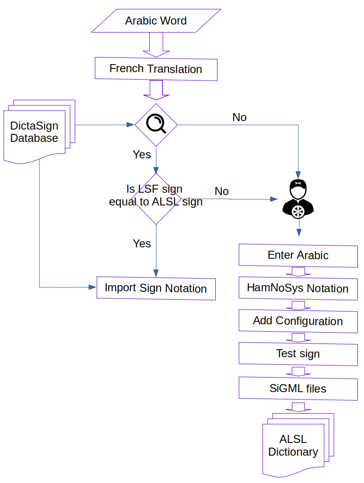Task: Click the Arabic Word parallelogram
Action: coord(156,21)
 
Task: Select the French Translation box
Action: coord(156,69)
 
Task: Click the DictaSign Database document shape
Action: coord(34,132)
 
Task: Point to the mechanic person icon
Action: coord(298,198)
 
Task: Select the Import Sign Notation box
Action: coord(156,288)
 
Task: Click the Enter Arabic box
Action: coord(298,255)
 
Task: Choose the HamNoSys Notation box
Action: coord(298,288)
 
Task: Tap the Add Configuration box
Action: coord(298,321)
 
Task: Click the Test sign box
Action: coord(298,353)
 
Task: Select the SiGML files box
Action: coord(298,388)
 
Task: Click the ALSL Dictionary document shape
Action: coord(293,446)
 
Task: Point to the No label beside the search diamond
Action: coord(239,117)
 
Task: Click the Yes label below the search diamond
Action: coord(142,155)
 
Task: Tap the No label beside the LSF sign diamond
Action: coord(222,191)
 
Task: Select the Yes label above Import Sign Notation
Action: coord(142,244)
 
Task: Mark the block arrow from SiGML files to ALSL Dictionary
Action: coord(299,407)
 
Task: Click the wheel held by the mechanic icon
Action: coord(298,212)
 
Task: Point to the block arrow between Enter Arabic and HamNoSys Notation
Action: coord(299,272)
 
